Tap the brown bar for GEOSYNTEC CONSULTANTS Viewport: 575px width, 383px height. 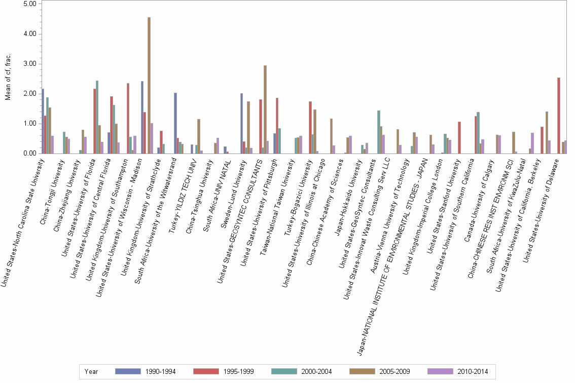tap(265, 109)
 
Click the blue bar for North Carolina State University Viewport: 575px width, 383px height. tap(43, 121)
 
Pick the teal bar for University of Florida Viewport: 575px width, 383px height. tap(97, 117)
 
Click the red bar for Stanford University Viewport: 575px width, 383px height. tap(459, 137)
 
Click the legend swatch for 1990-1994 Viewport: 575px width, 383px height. tap(128, 371)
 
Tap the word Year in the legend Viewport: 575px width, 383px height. tap(91, 372)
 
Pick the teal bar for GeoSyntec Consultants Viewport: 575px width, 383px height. tap(378, 132)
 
